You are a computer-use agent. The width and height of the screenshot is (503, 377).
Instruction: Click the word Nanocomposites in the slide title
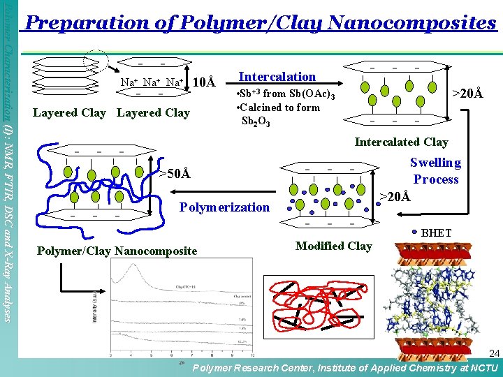pyautogui.click(x=411, y=23)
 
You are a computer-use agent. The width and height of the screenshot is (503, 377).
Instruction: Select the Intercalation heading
pyautogui.click(x=277, y=76)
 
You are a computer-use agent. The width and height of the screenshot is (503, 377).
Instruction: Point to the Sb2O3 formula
pyautogui.click(x=255, y=121)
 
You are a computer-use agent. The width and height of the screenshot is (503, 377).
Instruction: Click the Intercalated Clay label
pyautogui.click(x=401, y=142)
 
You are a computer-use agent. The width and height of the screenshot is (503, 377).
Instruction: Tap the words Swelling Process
pyautogui.click(x=435, y=170)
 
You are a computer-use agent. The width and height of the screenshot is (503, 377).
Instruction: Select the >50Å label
pyautogui.click(x=173, y=173)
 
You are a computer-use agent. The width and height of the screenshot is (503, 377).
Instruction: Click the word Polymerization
pyautogui.click(x=224, y=207)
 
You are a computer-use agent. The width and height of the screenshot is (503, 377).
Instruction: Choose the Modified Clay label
pyautogui.click(x=333, y=246)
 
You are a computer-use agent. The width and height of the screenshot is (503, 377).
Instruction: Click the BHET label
pyautogui.click(x=436, y=232)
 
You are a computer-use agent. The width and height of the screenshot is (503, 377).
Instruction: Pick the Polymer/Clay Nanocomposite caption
pyautogui.click(x=117, y=251)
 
